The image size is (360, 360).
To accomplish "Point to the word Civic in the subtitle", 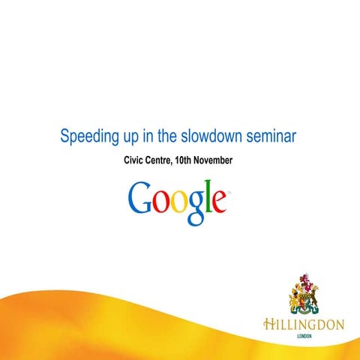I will [x=136, y=161].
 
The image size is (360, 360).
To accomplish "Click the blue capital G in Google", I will [x=141, y=198].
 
